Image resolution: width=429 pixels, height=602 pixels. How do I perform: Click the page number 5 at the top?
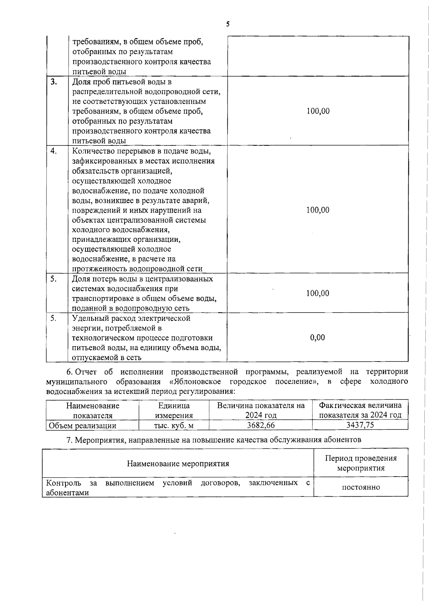(x=228, y=24)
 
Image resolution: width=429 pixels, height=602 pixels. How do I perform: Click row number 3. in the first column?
(x=54, y=82)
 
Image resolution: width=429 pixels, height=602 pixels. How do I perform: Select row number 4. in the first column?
(x=54, y=151)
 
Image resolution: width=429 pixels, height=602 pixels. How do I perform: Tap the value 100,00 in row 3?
(x=318, y=111)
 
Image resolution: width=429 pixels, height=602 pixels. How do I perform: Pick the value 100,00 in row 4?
(x=318, y=210)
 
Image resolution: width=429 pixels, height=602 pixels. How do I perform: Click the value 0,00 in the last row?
(x=317, y=338)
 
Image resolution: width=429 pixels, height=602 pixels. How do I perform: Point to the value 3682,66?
(x=261, y=425)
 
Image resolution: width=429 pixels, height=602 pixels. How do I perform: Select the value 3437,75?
(x=360, y=425)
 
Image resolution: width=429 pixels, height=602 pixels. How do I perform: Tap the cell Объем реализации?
(x=83, y=426)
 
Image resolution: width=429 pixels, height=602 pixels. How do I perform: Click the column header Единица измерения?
(x=174, y=411)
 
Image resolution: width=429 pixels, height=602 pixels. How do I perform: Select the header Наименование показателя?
(x=93, y=411)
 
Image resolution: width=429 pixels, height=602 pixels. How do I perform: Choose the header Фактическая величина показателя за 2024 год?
(x=360, y=410)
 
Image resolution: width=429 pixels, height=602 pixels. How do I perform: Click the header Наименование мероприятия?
(x=178, y=464)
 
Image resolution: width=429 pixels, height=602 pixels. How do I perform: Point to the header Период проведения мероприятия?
(x=361, y=463)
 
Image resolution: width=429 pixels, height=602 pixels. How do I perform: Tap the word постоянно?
(x=361, y=487)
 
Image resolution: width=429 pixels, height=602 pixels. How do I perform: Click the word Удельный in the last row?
(x=87, y=318)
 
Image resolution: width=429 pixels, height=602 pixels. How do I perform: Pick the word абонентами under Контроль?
(x=67, y=493)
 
